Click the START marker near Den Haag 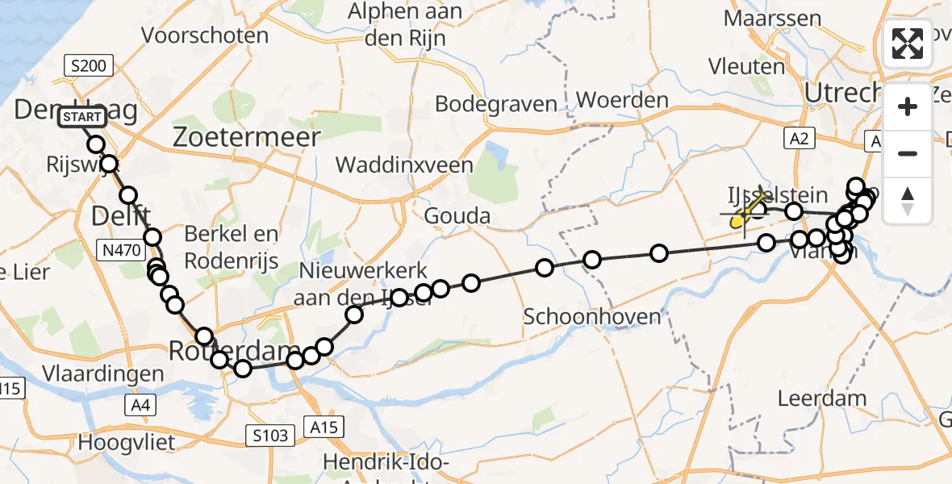(82, 118)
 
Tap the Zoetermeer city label (247, 137)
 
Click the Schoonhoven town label (592, 315)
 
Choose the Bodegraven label (496, 104)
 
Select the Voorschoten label (204, 35)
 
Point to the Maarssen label (773, 17)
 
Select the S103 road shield (268, 436)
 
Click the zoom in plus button (908, 106)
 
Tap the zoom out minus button (908, 153)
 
